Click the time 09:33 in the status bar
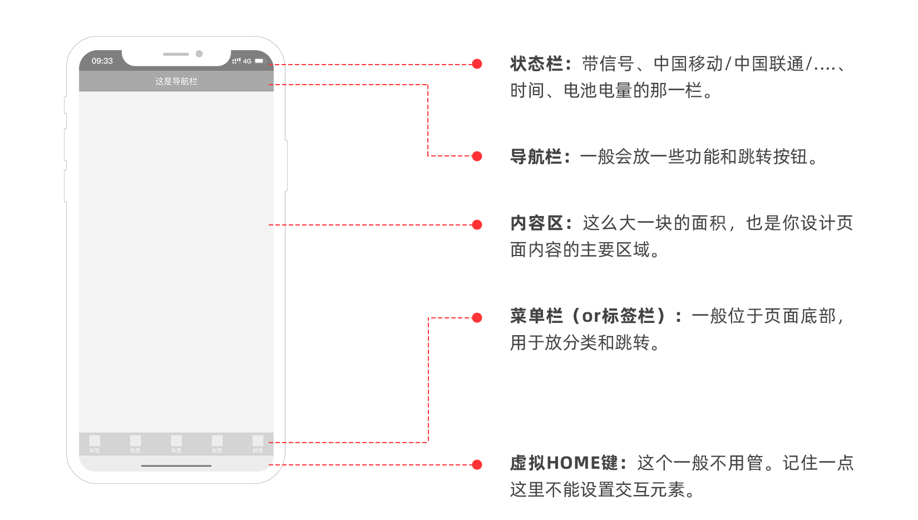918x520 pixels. coord(102,61)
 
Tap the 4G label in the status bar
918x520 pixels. coord(247,61)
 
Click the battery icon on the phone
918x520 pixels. coord(259,61)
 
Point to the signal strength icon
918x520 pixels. coord(236,61)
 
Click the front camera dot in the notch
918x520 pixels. coord(199,54)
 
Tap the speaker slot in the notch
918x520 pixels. coord(176,54)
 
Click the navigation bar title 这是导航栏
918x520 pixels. coord(176,81)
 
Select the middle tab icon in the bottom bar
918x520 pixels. coord(176,441)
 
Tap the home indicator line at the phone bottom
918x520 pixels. coord(176,465)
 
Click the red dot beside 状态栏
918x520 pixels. coord(477,64)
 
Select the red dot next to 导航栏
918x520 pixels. coord(477,156)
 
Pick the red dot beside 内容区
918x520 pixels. coord(477,225)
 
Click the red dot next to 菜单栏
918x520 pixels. coord(477,318)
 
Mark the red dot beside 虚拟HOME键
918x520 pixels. coord(477,465)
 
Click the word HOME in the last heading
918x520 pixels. coord(574,463)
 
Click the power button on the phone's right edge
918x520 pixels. coord(286,165)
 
